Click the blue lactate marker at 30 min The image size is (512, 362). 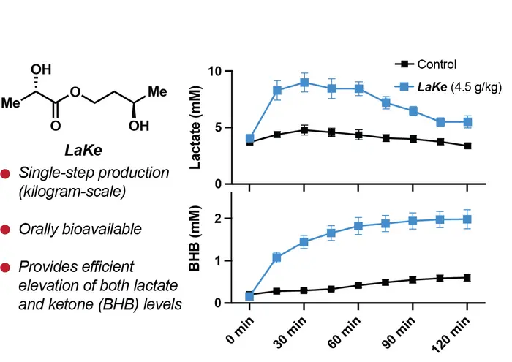pos(304,83)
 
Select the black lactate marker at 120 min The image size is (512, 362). pos(467,146)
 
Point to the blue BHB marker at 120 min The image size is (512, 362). pos(467,219)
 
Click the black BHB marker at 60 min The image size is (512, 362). pos(358,285)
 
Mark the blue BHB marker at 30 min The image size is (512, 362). pos(304,242)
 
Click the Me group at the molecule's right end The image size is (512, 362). pos(158,92)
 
